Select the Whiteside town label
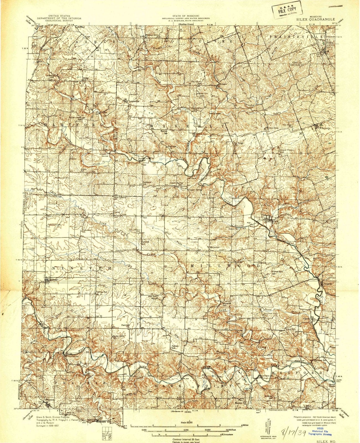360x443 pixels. click(x=325, y=128)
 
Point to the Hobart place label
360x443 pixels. click(x=223, y=84)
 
